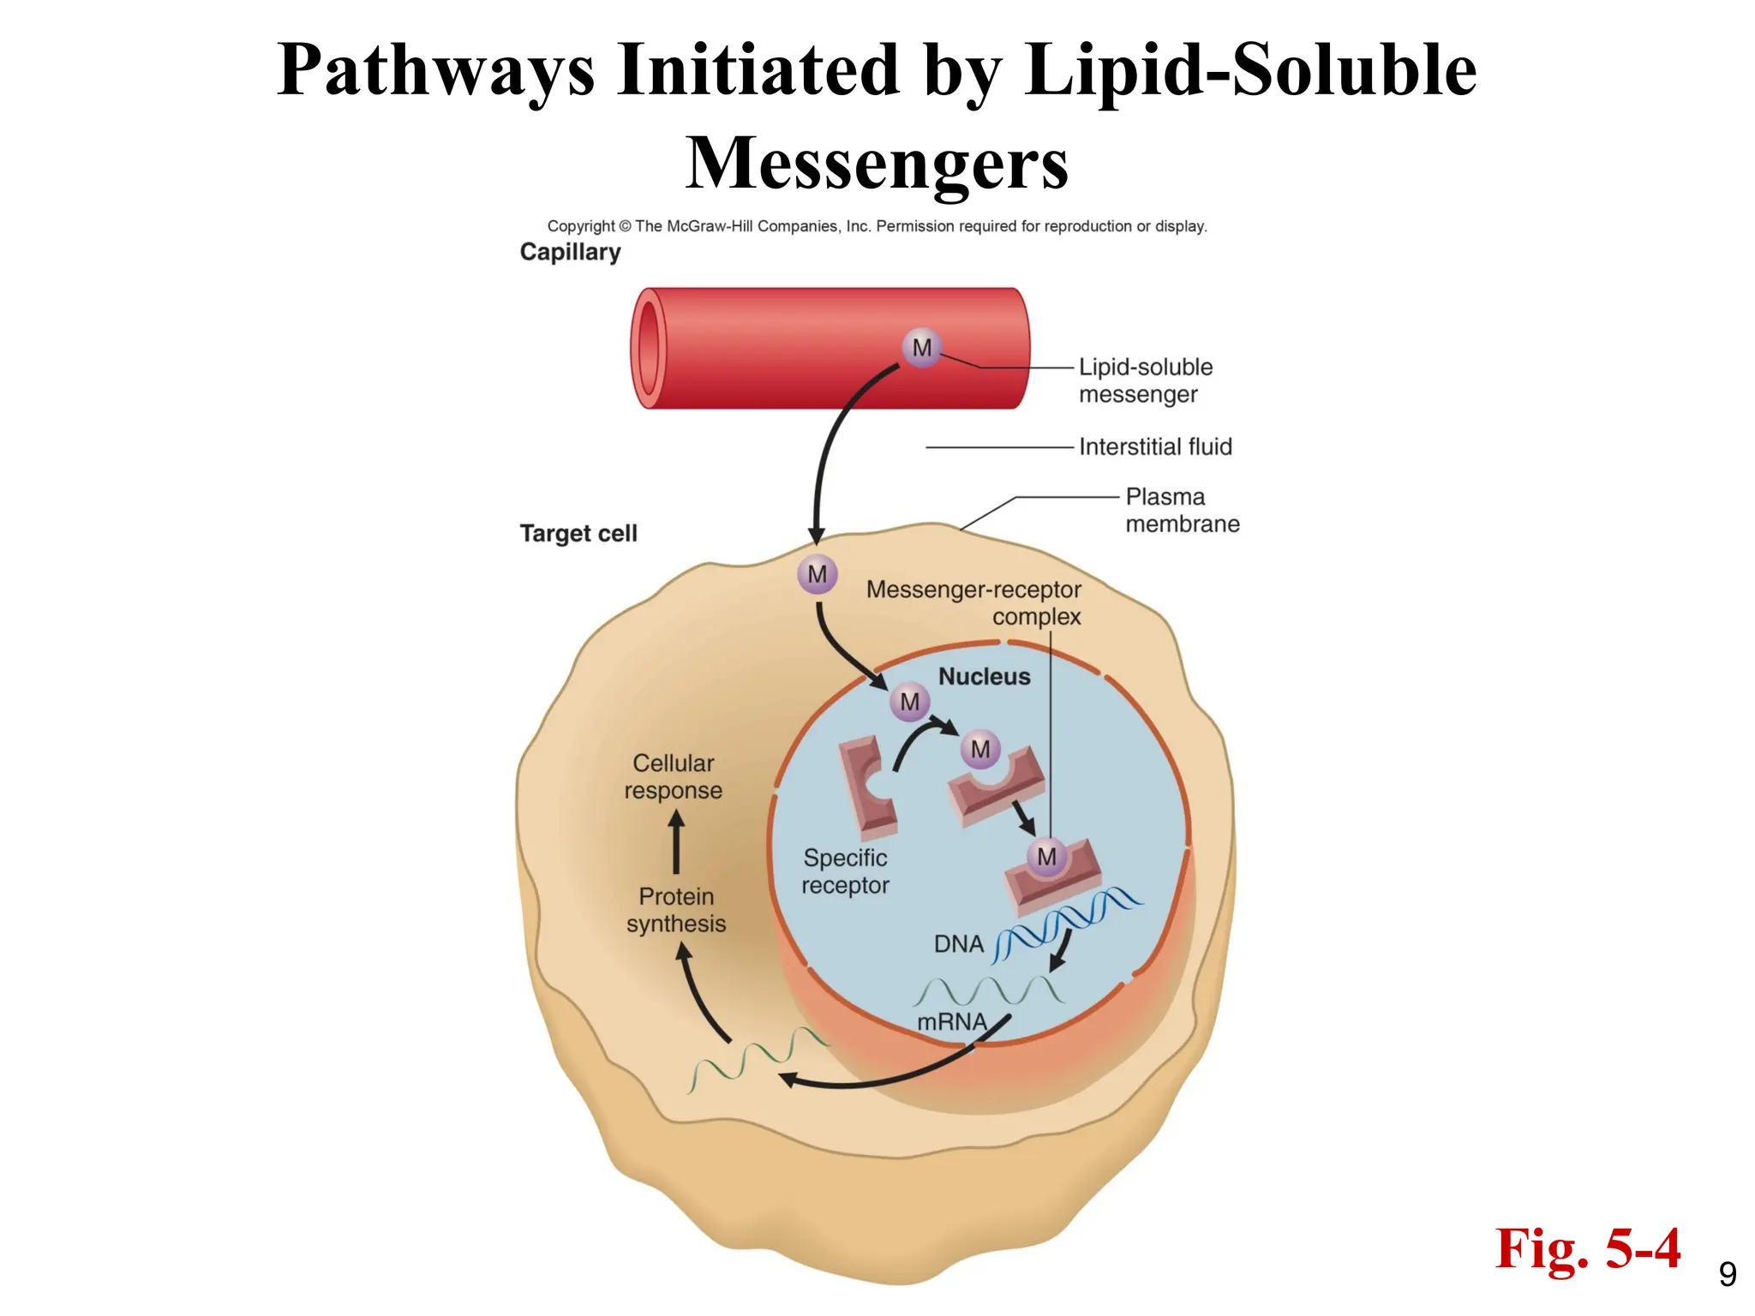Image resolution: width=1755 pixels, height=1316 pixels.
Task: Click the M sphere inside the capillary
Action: [x=921, y=348]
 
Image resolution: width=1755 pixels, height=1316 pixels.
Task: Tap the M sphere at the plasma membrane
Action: [x=817, y=574]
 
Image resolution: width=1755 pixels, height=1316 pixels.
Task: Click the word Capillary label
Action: [x=570, y=252]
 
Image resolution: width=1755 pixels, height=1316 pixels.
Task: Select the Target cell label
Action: [x=578, y=533]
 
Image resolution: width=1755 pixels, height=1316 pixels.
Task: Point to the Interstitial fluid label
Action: [x=1154, y=446]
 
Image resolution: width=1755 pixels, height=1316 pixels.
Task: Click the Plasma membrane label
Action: [x=1181, y=510]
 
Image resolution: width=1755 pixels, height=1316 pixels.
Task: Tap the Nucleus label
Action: [x=984, y=676]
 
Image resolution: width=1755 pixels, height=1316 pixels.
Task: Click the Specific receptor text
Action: [x=845, y=871]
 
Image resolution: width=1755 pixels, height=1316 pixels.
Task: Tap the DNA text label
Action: [x=958, y=944]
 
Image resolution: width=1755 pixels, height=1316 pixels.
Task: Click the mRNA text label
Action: [x=951, y=1022]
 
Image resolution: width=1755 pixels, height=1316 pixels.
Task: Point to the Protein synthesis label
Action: [x=676, y=910]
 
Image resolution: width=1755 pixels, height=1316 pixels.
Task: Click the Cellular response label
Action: [x=673, y=776]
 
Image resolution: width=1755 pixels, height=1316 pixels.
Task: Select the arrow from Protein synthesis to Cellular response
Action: [x=676, y=843]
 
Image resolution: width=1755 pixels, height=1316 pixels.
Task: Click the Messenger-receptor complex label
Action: [x=974, y=602]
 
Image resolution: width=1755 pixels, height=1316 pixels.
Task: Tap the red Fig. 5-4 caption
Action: [x=1587, y=1248]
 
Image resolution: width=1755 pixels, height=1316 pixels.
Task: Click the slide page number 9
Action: [x=1728, y=1275]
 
